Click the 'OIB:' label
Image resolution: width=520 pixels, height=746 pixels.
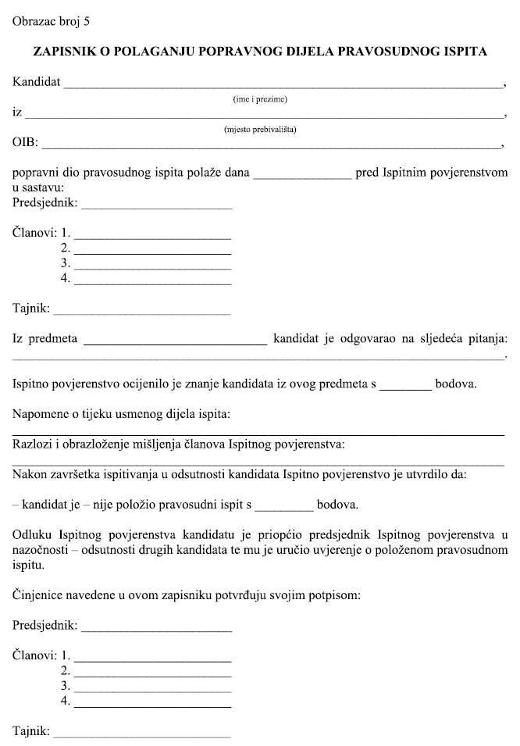coord(25,143)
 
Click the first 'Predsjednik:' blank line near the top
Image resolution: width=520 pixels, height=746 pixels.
coord(156,208)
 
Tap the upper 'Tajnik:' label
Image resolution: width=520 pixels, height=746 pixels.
coord(31,309)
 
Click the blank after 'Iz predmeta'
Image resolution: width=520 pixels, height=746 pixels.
coord(175,342)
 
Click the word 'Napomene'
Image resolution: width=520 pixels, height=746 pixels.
coord(39,412)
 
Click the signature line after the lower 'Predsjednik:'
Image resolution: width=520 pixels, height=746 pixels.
coord(156,630)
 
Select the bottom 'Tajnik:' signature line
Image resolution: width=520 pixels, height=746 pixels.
coord(142,736)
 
